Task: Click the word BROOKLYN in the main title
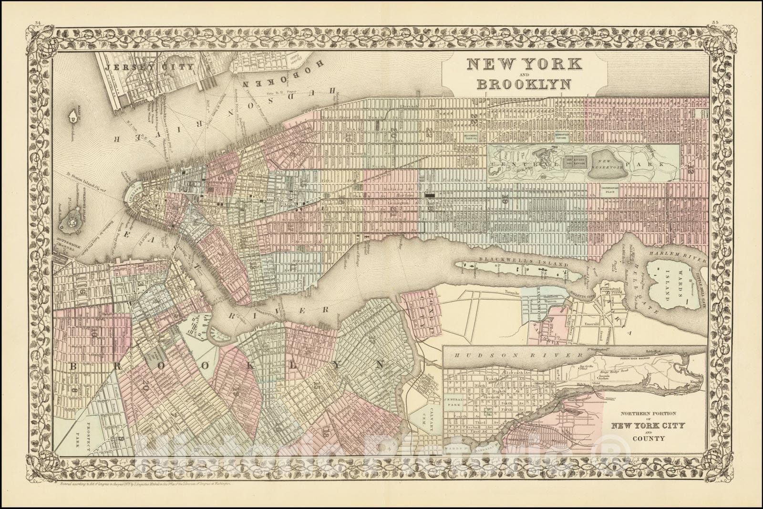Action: [524, 84]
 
